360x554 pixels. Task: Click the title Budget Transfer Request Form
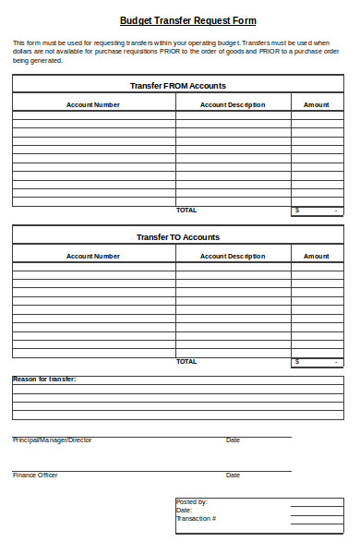pos(188,20)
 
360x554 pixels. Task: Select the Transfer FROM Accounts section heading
pos(178,85)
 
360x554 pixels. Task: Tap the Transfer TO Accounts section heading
pos(178,237)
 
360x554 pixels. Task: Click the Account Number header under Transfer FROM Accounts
pos(93,104)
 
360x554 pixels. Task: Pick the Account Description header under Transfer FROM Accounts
pos(233,104)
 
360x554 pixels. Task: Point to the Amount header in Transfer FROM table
pos(317,104)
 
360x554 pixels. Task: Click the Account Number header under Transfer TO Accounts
pos(93,256)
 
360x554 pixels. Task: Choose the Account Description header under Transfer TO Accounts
pos(233,256)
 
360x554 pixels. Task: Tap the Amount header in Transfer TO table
pos(317,256)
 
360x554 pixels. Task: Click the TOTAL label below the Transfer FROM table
pos(186,210)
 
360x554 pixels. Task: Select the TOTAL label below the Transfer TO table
pos(186,361)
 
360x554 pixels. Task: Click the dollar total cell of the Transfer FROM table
pos(318,211)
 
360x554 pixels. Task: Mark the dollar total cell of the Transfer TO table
pos(318,362)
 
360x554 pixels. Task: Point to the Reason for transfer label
pos(44,379)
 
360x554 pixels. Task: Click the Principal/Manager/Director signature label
pos(52,440)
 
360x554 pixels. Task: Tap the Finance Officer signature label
pos(35,476)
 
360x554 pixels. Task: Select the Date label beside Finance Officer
pos(233,476)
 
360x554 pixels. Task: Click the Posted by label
pos(192,502)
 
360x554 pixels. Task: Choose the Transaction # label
pos(197,519)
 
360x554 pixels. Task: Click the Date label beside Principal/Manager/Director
pos(233,440)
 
